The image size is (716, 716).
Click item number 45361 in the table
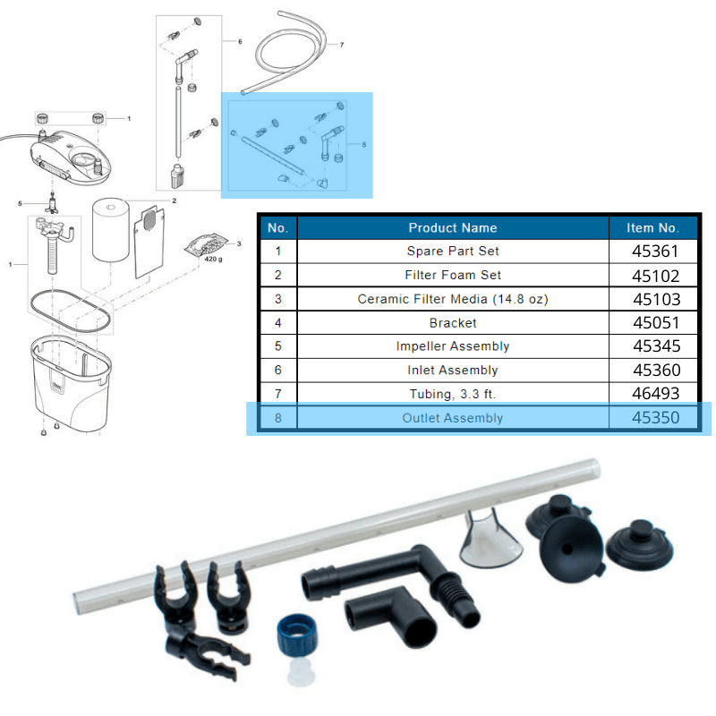tap(656, 251)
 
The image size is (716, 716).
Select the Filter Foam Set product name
tap(453, 276)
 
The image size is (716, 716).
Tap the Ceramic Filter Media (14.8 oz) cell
tap(453, 299)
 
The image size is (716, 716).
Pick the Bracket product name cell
tap(453, 322)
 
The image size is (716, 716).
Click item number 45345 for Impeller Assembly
tap(656, 346)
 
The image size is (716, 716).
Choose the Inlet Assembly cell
tap(453, 370)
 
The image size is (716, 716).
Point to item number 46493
tap(656, 394)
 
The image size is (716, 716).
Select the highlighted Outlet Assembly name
tap(453, 418)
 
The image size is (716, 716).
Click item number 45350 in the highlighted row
tap(656, 418)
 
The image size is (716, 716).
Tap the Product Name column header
tap(453, 227)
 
